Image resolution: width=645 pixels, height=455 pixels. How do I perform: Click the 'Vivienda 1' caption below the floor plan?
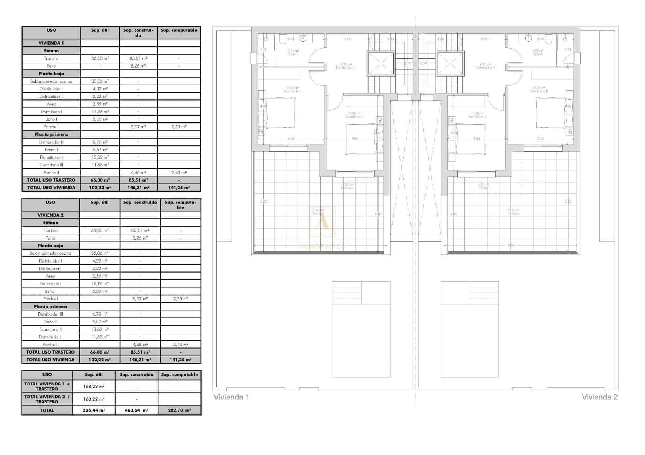pos(231,397)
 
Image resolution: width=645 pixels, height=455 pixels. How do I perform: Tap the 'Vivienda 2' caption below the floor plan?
pos(599,397)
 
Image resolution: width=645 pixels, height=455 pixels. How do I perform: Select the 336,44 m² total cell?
pos(94,410)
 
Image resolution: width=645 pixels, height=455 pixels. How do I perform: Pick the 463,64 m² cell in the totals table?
pos(136,410)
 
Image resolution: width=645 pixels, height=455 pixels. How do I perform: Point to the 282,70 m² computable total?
pos(179,410)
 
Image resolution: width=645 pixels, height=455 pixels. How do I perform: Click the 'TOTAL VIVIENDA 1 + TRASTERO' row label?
pos(47,386)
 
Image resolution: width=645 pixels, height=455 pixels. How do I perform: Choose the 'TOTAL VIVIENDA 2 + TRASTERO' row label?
pos(47,399)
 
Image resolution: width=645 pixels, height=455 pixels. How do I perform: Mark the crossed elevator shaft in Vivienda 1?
pos(381,63)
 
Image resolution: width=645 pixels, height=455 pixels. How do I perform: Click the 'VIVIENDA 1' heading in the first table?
pos(51,43)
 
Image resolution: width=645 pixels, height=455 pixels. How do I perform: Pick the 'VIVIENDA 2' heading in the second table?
pos(51,215)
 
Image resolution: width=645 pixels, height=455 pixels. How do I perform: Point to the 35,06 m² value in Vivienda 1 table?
pos(100,81)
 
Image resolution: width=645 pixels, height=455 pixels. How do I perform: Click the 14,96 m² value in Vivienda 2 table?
pos(100,283)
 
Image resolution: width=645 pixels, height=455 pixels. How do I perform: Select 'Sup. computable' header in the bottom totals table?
pos(179,374)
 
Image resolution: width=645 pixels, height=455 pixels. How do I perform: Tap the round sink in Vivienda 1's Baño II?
pos(303,38)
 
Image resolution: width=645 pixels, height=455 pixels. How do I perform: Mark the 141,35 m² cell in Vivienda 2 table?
pos(180,360)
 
